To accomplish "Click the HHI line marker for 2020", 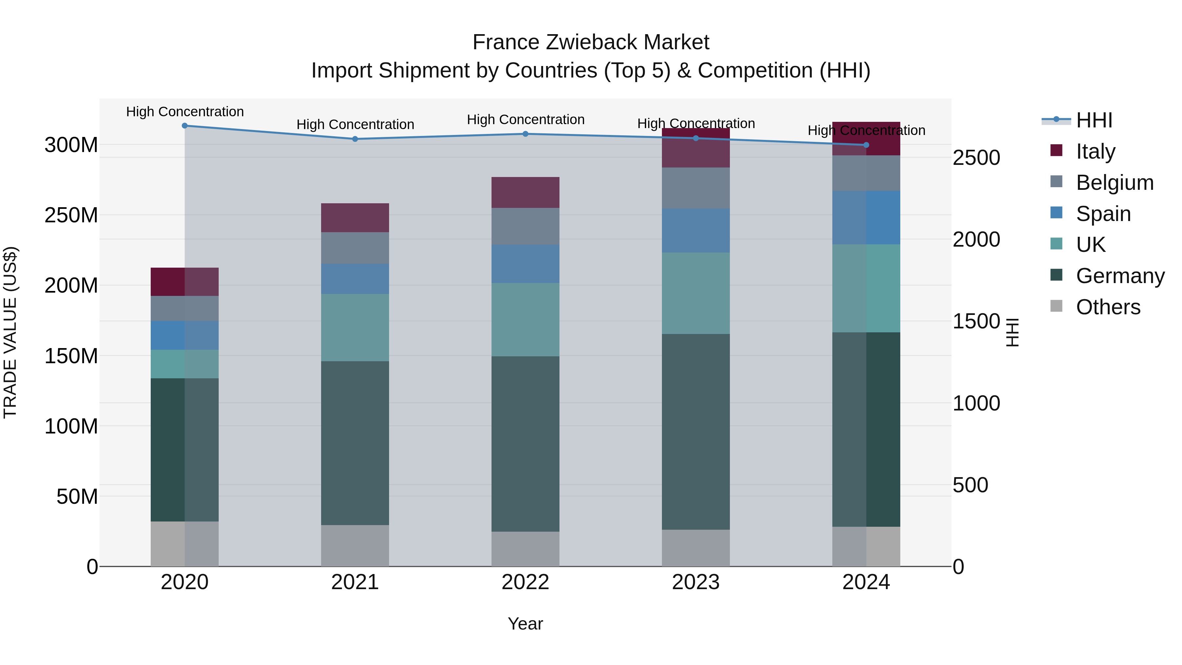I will (x=185, y=126).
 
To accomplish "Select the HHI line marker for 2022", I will (x=525, y=134).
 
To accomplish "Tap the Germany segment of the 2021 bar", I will (x=355, y=443).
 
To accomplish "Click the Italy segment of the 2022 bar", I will (x=525, y=192).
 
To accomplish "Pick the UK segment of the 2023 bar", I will (x=696, y=293).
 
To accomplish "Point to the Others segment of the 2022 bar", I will (x=525, y=549).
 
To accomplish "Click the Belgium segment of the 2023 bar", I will (x=696, y=188).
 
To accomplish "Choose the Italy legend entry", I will (x=1095, y=151).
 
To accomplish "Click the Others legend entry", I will (x=1108, y=307).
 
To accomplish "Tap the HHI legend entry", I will (x=1094, y=120).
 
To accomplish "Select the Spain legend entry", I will (x=1103, y=214).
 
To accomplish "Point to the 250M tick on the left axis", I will (x=71, y=215).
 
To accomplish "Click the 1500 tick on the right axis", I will (x=976, y=321).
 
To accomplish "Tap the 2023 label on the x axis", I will (x=696, y=582).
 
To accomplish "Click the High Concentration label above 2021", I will (x=355, y=124).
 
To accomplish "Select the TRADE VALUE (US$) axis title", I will (x=10, y=332).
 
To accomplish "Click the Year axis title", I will (x=525, y=624).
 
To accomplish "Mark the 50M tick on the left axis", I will (x=77, y=497).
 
